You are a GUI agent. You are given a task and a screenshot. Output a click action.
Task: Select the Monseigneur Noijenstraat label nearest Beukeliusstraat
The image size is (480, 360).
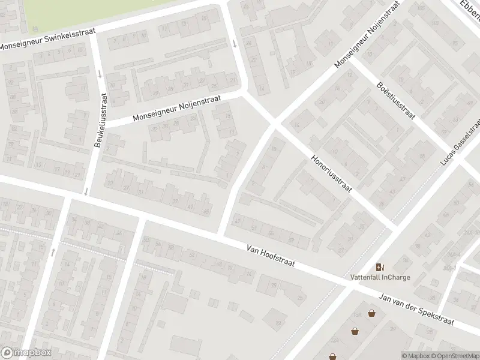pyautogui.click(x=178, y=107)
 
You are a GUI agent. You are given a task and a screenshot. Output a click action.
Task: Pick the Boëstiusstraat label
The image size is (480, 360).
pyautogui.click(x=396, y=101)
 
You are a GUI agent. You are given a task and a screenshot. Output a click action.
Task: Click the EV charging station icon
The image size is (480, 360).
pyautogui.click(x=379, y=267)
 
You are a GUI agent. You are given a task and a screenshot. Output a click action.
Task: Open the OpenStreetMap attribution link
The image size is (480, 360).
pyautogui.click(x=454, y=356)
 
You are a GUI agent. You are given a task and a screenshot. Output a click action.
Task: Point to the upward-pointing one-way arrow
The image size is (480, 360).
pyautogui.click(x=53, y=252)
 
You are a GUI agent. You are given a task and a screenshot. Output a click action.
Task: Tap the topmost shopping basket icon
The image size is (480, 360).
pyautogui.click(x=372, y=313)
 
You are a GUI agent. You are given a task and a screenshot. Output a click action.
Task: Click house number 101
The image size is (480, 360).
pyautogui.click(x=434, y=25)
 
